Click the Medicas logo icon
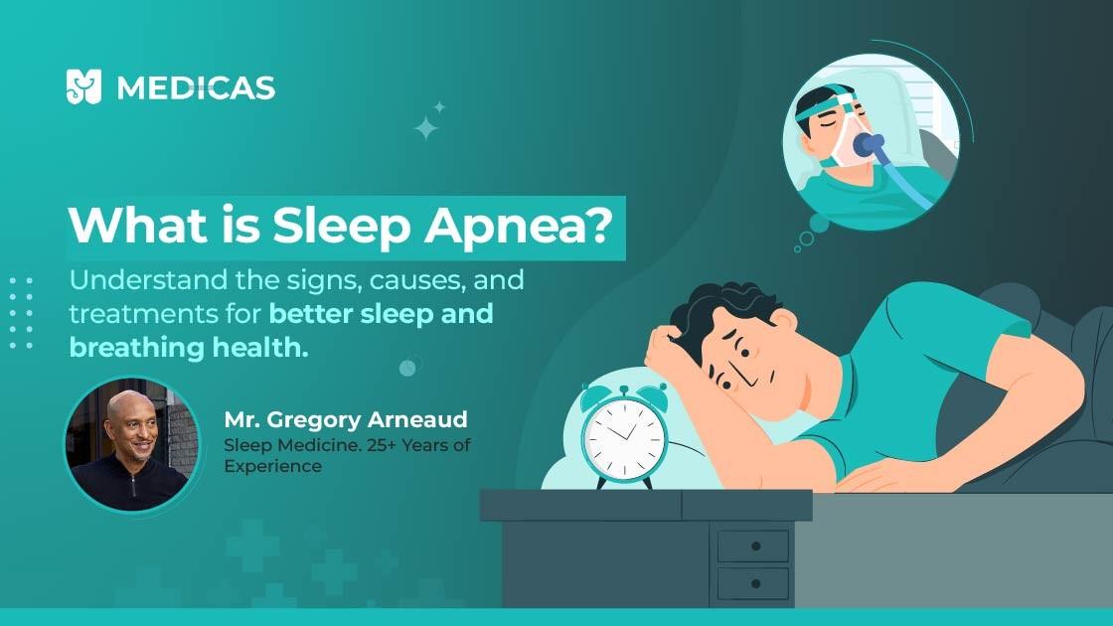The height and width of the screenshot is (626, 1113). click(x=83, y=86)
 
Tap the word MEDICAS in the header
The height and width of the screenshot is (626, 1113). click(x=196, y=88)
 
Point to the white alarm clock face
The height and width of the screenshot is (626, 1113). click(x=624, y=437)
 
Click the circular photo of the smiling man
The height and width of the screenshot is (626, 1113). click(x=132, y=443)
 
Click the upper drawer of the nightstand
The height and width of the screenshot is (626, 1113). click(x=752, y=546)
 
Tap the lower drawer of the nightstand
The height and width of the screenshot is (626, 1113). click(x=752, y=585)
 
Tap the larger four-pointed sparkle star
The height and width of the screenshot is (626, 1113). click(x=426, y=127)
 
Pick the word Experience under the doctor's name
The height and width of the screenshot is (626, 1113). click(x=272, y=466)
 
